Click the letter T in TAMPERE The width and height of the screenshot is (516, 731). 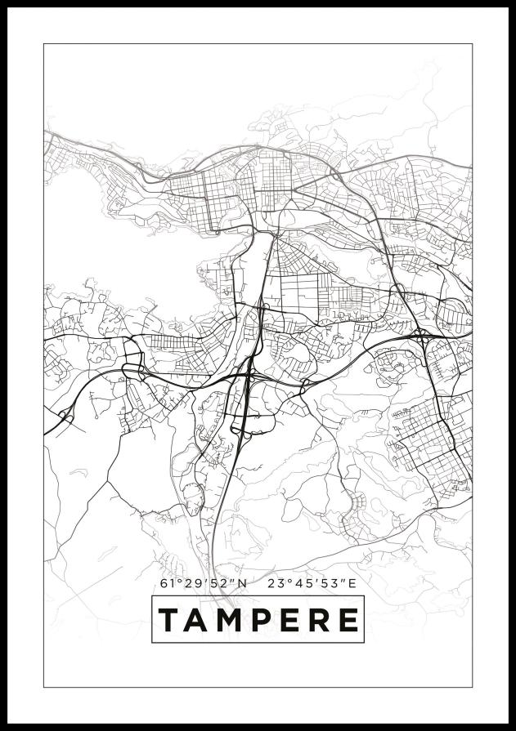[x=168, y=620]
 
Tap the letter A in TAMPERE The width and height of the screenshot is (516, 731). [x=197, y=620]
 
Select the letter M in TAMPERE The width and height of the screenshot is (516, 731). [x=230, y=620]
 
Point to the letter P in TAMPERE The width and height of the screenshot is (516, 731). [x=262, y=620]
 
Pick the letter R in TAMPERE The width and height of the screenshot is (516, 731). [x=318, y=620]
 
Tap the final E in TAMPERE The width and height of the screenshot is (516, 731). [x=348, y=620]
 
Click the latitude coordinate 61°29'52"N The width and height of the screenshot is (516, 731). [x=204, y=583]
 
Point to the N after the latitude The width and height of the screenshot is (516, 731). [x=242, y=583]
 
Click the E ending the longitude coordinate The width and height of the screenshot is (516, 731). [x=352, y=583]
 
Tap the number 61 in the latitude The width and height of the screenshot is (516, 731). [x=168, y=583]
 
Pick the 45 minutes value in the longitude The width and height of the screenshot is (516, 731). [x=306, y=583]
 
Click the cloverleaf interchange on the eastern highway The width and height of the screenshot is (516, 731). [x=421, y=335]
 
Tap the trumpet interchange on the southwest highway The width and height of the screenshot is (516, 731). [x=65, y=419]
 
